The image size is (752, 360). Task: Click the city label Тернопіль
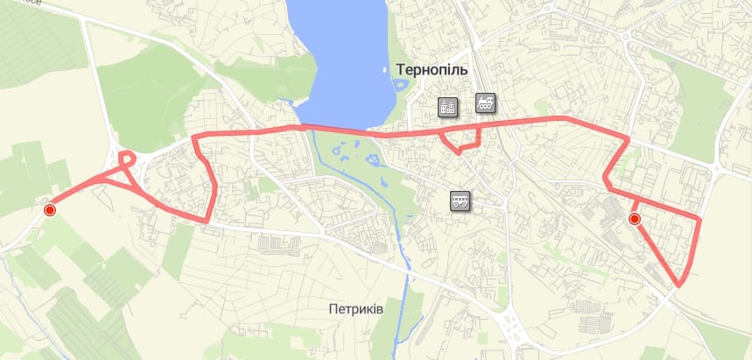432,69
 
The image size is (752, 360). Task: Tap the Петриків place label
356,308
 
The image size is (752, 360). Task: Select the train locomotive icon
485,102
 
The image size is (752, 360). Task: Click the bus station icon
460,201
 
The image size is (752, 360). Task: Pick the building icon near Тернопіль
448,107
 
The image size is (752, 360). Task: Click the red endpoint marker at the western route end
50,209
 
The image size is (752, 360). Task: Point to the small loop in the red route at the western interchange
127,159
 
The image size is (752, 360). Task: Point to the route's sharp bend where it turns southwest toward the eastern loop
629,140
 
